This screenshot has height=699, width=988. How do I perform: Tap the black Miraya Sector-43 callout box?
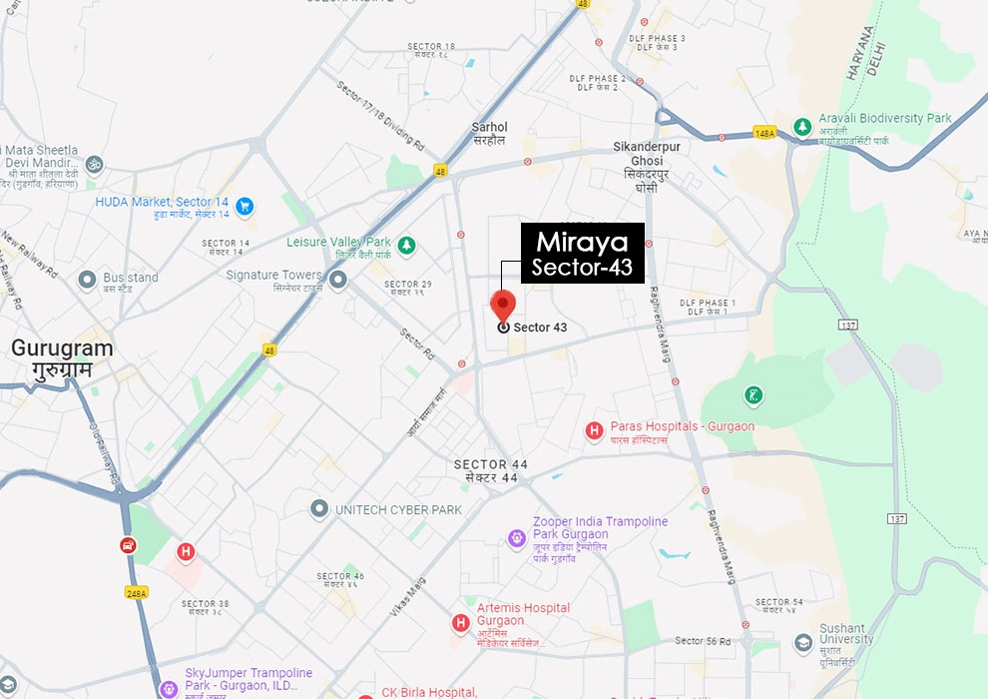pyautogui.click(x=582, y=254)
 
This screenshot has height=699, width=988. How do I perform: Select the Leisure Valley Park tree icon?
pyautogui.click(x=406, y=244)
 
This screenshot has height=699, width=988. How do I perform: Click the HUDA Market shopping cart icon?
pyautogui.click(x=245, y=208)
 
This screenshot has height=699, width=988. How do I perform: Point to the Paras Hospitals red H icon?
pyautogui.click(x=594, y=431)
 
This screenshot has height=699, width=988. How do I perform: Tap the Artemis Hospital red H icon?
pyautogui.click(x=460, y=623)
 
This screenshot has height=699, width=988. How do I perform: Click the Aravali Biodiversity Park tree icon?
pyautogui.click(x=801, y=127)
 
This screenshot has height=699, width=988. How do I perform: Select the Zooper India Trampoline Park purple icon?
pyautogui.click(x=517, y=539)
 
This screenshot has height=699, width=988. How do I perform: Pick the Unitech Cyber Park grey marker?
pyautogui.click(x=319, y=509)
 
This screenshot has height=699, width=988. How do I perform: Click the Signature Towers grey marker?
pyautogui.click(x=338, y=280)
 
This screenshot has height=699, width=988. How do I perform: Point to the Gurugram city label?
pyautogui.click(x=62, y=358)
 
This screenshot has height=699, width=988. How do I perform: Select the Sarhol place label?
pyautogui.click(x=489, y=134)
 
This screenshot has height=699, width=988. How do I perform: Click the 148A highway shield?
pyautogui.click(x=764, y=133)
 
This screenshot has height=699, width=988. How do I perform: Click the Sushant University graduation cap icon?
pyautogui.click(x=802, y=642)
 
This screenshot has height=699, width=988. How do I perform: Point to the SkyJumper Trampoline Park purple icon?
pyautogui.click(x=169, y=688)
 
